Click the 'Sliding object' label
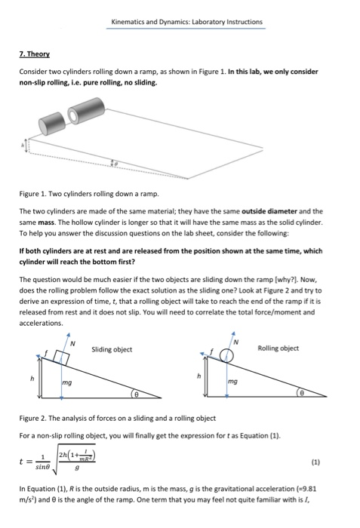(x=112, y=348)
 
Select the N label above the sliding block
(x=72, y=344)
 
